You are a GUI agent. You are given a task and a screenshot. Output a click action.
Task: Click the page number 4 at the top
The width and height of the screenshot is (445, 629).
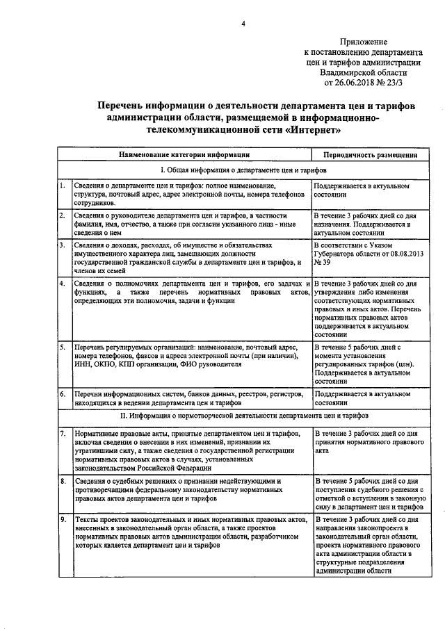[x=243, y=25]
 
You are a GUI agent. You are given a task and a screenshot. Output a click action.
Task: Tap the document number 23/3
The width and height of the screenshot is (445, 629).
[x=403, y=82]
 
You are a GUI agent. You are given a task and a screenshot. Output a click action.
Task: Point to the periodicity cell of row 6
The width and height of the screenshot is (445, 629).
[x=366, y=398]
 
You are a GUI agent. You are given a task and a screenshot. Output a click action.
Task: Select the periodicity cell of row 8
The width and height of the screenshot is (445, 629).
[x=366, y=493]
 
